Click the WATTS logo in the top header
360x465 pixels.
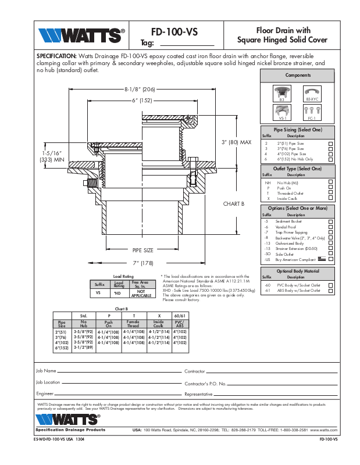pyautogui.click(x=81, y=36)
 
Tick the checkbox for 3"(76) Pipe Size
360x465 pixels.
pyautogui.click(x=330, y=149)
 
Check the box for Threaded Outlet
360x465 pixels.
pyautogui.click(x=330, y=194)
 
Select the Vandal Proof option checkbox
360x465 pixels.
pyautogui.click(x=330, y=227)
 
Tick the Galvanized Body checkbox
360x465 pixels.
pyautogui.click(x=330, y=243)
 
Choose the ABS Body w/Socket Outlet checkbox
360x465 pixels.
pyautogui.click(x=330, y=290)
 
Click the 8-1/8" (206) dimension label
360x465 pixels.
pyautogui.click(x=140, y=90)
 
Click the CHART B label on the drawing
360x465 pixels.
pyautogui.click(x=234, y=204)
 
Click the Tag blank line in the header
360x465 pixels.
pyautogui.click(x=186, y=45)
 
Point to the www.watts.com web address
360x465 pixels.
pyautogui.click(x=324, y=430)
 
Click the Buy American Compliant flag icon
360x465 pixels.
pyautogui.click(x=322, y=259)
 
